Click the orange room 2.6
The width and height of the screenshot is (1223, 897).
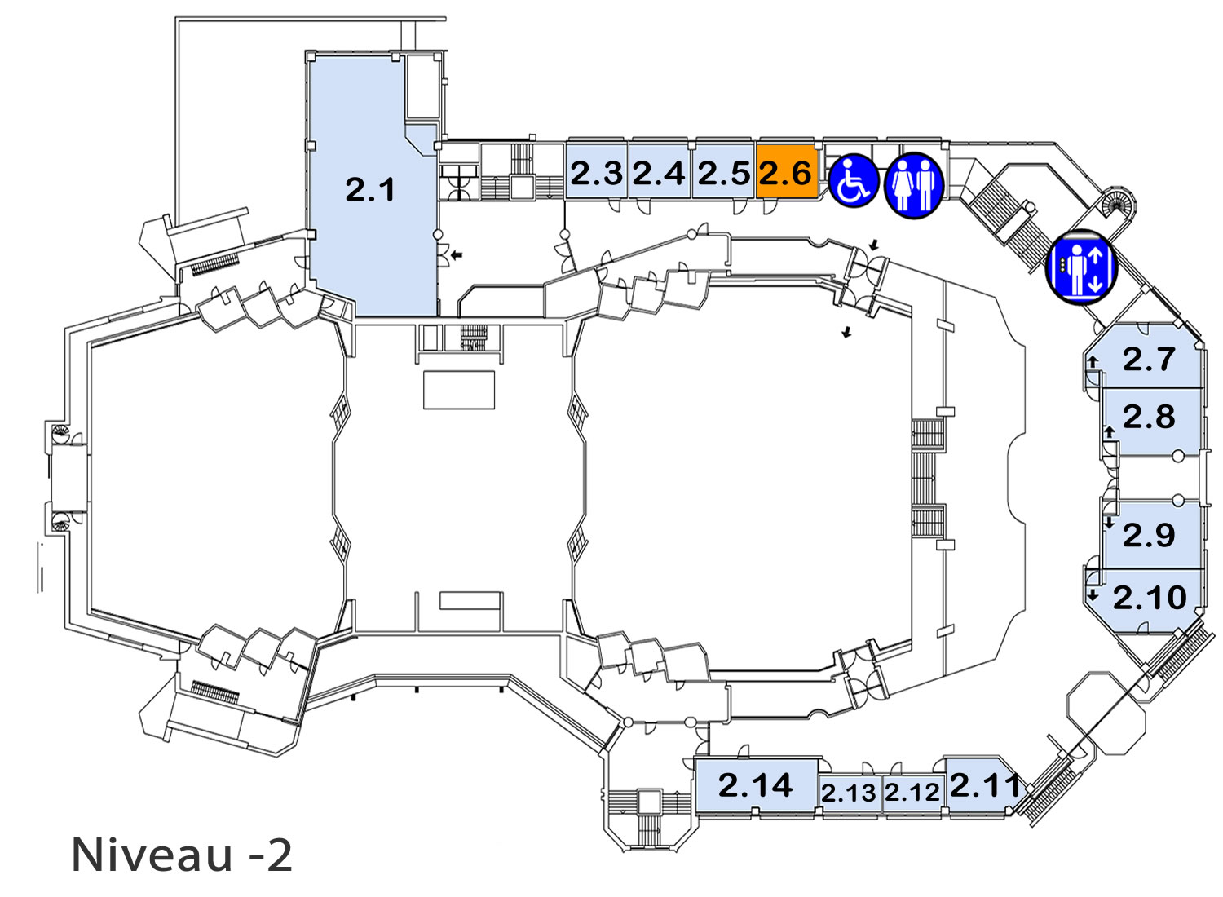click(x=786, y=170)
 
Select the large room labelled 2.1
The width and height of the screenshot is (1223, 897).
click(x=371, y=186)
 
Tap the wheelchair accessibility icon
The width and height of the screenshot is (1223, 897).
click(x=854, y=181)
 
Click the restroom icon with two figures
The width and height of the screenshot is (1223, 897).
click(x=913, y=185)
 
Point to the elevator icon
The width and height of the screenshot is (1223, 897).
click(x=1081, y=268)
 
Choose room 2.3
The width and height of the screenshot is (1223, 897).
click(x=596, y=170)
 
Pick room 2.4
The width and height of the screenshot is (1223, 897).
click(x=659, y=170)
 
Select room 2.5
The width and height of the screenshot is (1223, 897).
click(x=723, y=170)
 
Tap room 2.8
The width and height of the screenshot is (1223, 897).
click(x=1152, y=422)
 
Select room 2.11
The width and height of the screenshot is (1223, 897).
click(x=982, y=785)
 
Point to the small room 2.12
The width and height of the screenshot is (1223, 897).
click(x=912, y=793)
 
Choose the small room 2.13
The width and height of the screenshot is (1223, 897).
click(x=849, y=793)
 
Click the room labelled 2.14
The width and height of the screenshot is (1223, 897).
click(x=756, y=785)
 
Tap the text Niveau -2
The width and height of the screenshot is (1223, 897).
click(x=182, y=855)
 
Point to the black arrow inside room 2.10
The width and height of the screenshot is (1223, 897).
click(x=1093, y=595)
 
